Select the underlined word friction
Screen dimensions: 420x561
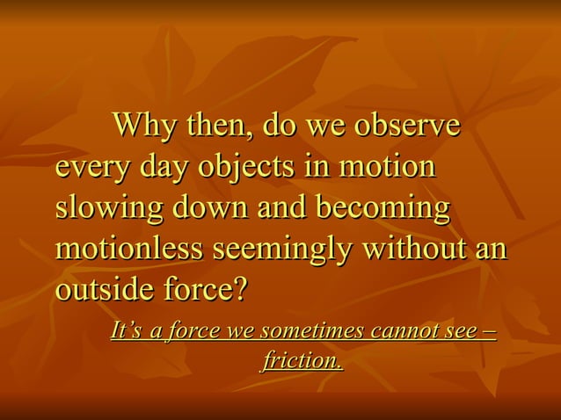[302, 360]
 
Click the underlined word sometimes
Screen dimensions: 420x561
[313, 332]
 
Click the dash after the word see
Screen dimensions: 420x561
[489, 332]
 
